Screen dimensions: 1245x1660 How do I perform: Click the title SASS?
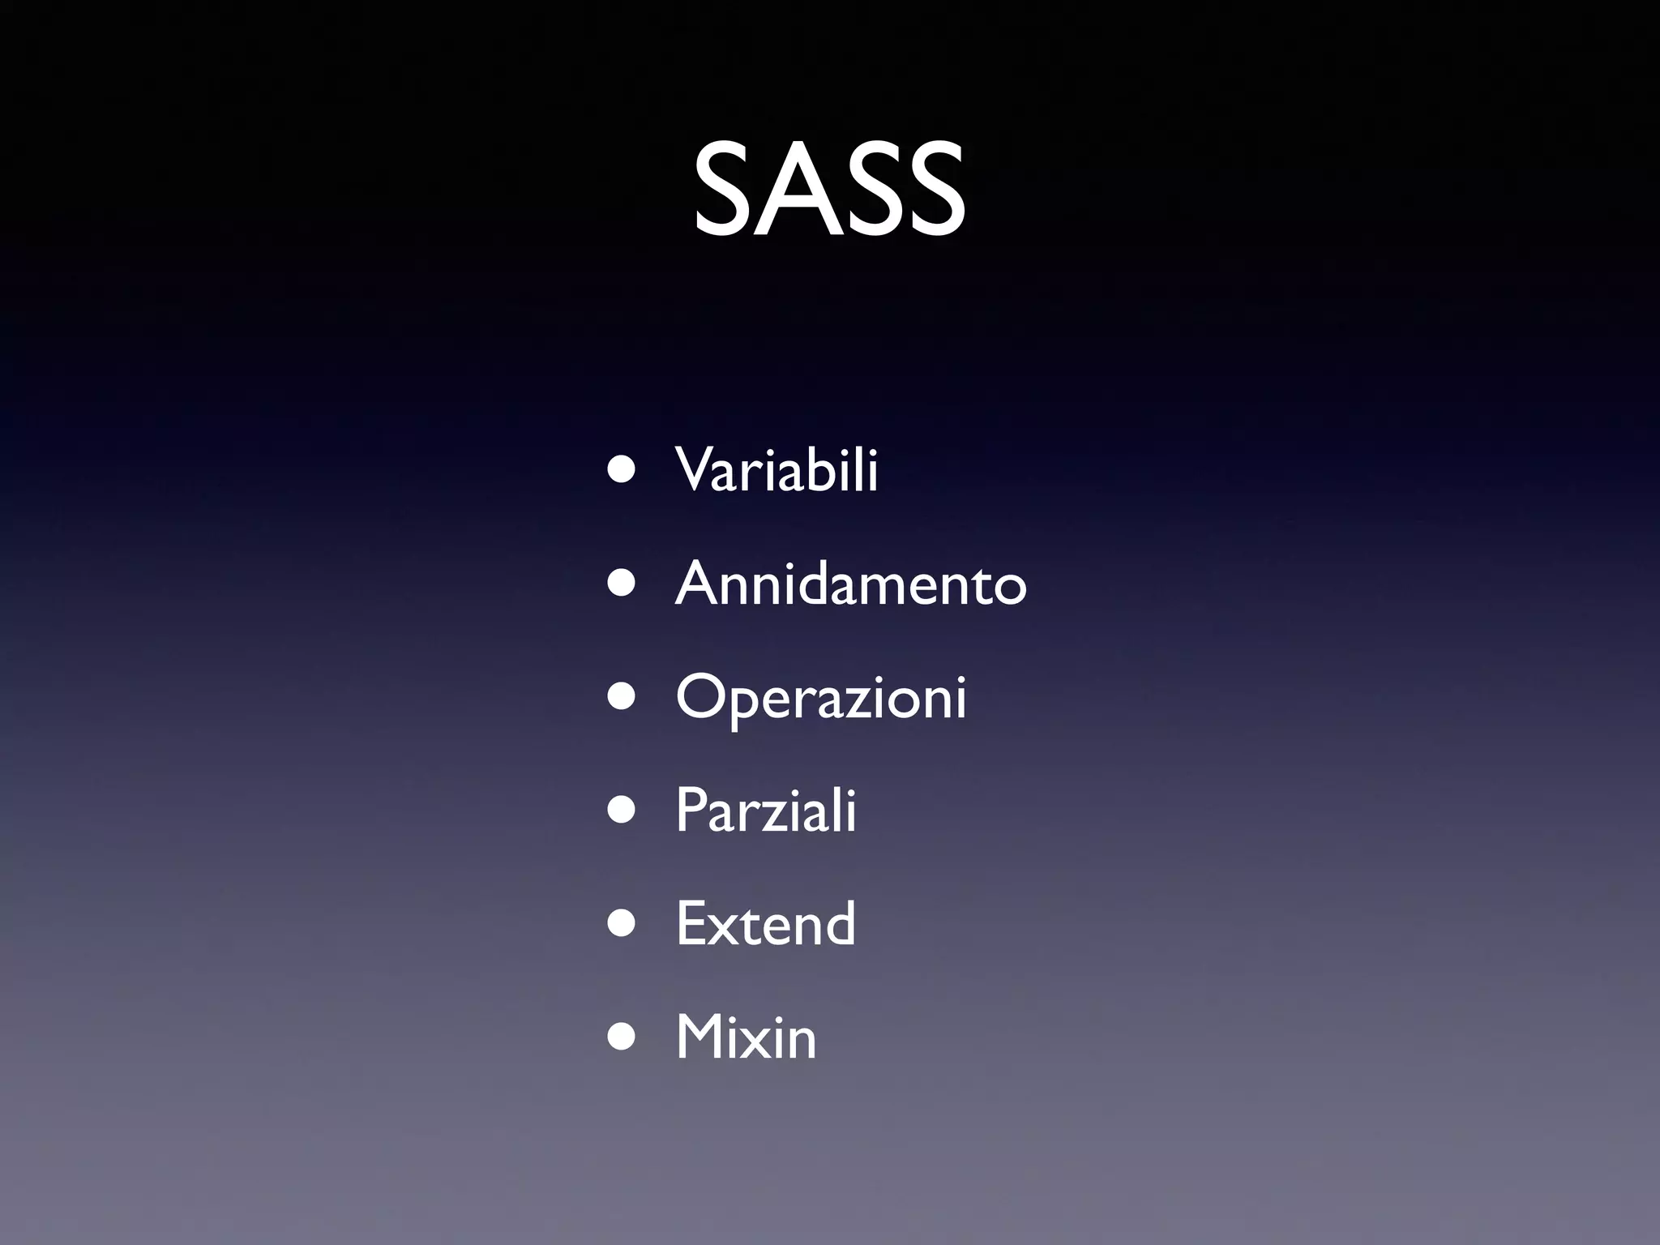[x=829, y=190]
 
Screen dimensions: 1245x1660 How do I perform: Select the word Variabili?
[x=777, y=470]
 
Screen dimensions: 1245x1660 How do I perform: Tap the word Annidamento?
[x=851, y=584]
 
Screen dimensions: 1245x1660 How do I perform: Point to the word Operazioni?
[x=821, y=697]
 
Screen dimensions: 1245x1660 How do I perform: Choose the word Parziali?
[x=766, y=811]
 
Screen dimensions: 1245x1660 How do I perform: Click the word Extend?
[x=765, y=924]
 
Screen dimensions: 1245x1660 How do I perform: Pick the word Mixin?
[x=746, y=1037]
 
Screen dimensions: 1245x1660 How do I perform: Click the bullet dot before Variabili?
[x=622, y=472]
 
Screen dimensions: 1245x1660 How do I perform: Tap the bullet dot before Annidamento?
[x=622, y=585]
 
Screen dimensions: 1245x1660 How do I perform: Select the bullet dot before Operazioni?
[x=622, y=699]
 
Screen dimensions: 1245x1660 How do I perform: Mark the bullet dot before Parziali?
[x=622, y=812]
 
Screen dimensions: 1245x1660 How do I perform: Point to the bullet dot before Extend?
[x=622, y=926]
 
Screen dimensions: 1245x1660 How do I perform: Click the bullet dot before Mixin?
[x=622, y=1039]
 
